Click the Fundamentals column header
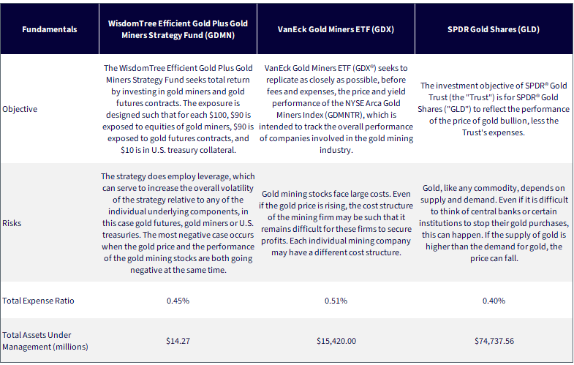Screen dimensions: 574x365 pyautogui.click(x=50, y=29)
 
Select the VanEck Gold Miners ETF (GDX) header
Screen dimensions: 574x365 pyautogui.click(x=336, y=29)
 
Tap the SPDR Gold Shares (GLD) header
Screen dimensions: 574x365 pyautogui.click(x=494, y=29)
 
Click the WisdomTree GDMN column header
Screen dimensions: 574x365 pyautogui.click(x=178, y=29)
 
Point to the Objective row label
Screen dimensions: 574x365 pyautogui.click(x=20, y=109)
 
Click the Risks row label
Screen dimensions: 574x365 pyautogui.click(x=12, y=223)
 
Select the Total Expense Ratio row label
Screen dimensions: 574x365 pyautogui.click(x=38, y=301)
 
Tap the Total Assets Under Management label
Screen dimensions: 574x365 pyautogui.click(x=45, y=341)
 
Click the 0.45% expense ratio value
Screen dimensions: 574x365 pyautogui.click(x=178, y=301)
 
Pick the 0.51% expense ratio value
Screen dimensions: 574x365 pyautogui.click(x=336, y=301)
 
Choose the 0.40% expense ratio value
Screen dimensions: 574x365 pyautogui.click(x=494, y=301)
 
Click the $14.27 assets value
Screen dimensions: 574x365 pyautogui.click(x=178, y=341)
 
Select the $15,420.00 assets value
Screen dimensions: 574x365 pyautogui.click(x=336, y=341)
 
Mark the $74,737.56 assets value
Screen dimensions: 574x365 pyautogui.click(x=494, y=341)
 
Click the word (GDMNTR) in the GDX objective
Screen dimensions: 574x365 pyautogui.click(x=345, y=115)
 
